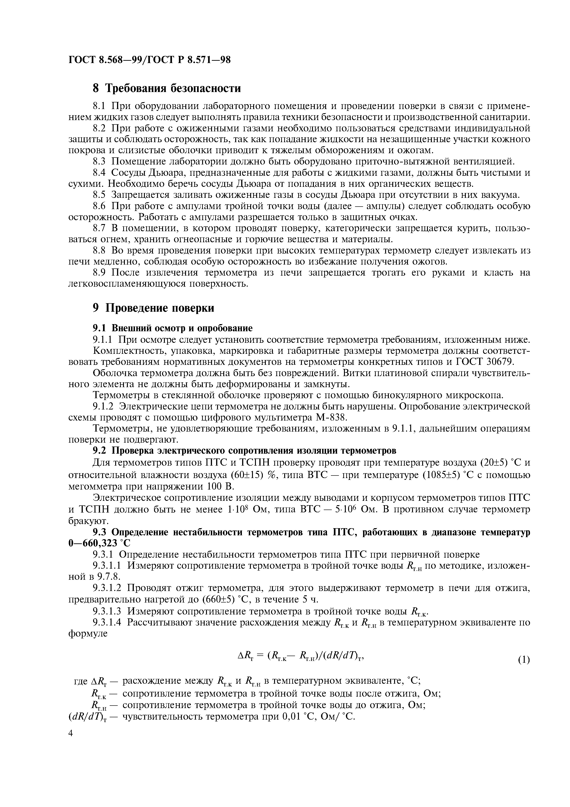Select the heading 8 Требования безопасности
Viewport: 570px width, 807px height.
click(167, 88)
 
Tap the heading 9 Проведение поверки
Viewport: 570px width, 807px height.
click(153, 308)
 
